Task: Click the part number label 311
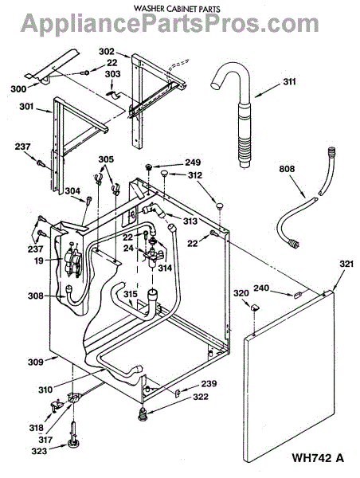[x=289, y=82]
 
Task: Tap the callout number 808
[x=288, y=169]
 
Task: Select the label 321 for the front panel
[x=346, y=264]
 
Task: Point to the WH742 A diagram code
[x=319, y=458]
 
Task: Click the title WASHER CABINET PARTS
[x=177, y=9]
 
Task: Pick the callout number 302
[x=107, y=52]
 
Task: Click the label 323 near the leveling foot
[x=39, y=451]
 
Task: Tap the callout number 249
[x=193, y=163]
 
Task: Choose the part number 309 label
[x=36, y=362]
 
